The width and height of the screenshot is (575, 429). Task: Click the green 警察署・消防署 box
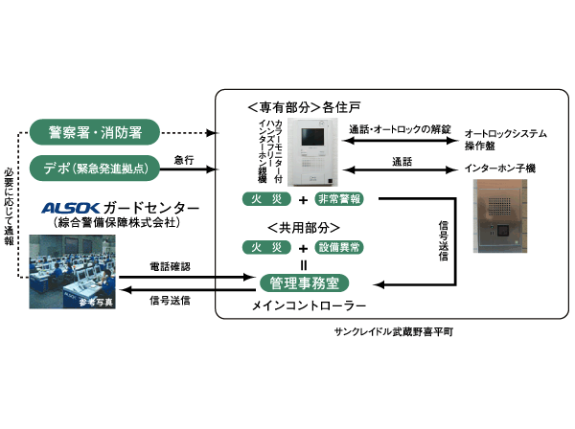pyautogui.click(x=92, y=131)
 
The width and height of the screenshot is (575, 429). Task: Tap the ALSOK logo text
pyautogui.click(x=73, y=209)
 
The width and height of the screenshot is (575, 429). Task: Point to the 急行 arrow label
pyautogui.click(x=184, y=159)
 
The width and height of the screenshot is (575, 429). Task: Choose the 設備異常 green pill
pyautogui.click(x=341, y=248)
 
